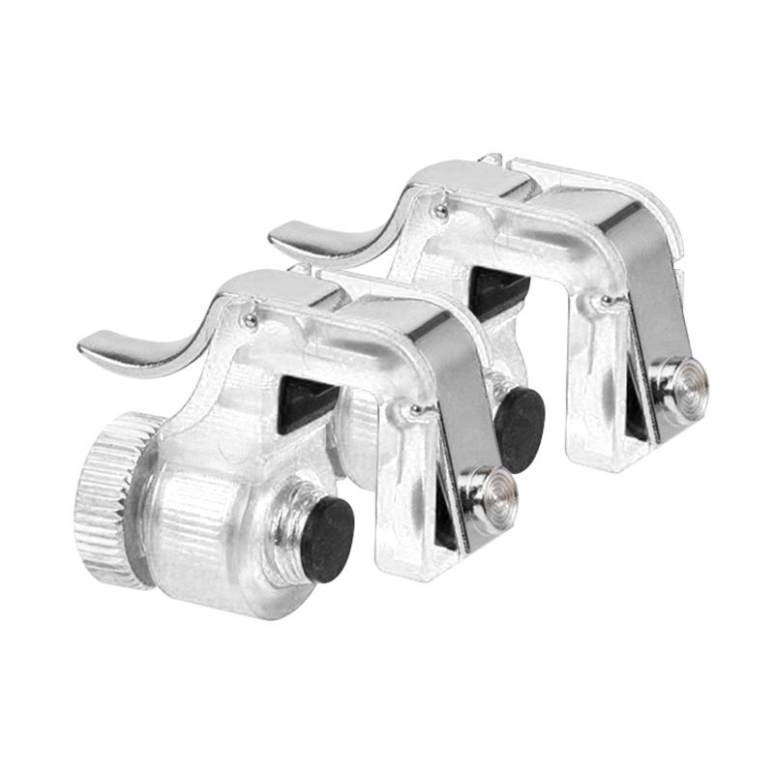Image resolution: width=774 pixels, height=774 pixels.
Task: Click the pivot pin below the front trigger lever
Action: [x=250, y=319]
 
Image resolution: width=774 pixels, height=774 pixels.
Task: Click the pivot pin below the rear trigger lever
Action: [x=440, y=210]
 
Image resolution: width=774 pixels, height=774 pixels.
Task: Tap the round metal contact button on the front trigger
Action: [x=493, y=489]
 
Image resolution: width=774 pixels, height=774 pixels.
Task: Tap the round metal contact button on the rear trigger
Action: [x=686, y=383]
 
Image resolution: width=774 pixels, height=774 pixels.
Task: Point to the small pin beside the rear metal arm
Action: [x=607, y=302]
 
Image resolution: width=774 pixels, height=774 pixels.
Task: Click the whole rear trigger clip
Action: [x=542, y=290]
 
